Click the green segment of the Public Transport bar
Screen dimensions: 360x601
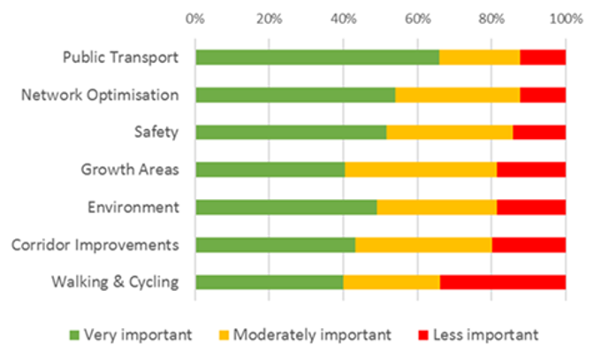coord(317,57)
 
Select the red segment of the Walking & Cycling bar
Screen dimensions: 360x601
coord(502,282)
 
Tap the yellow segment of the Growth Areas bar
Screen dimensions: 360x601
coord(421,170)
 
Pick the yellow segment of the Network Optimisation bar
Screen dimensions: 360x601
coord(457,95)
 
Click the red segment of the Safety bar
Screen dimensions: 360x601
coord(538,133)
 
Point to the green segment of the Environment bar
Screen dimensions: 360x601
coord(286,207)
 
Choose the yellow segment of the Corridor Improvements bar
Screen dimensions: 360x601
coord(423,245)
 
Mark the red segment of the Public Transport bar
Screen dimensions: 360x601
coord(542,57)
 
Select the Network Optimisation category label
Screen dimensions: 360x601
coord(100,95)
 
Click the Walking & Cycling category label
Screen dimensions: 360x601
coord(115,282)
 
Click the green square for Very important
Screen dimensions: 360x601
coord(74,335)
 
